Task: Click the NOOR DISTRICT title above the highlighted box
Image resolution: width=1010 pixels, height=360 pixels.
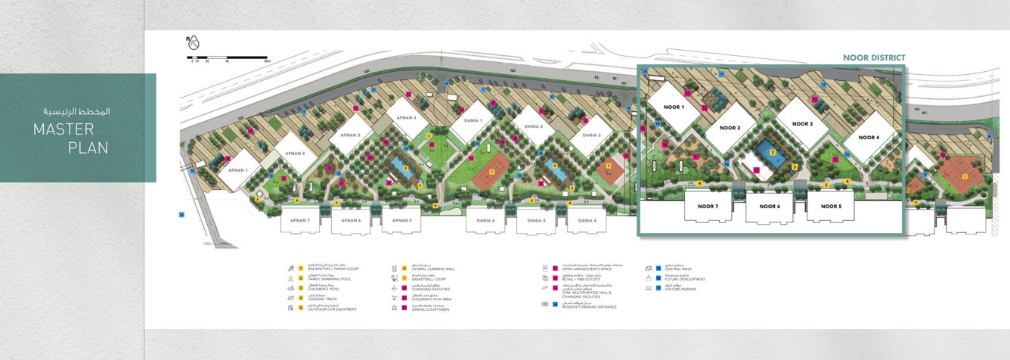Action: [874, 57]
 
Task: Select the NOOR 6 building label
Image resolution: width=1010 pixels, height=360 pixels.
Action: [770, 206]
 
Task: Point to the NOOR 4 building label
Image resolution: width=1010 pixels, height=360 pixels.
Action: [867, 138]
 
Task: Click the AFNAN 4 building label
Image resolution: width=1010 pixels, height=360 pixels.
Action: [406, 118]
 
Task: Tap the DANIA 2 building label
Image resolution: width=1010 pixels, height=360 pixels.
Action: [534, 126]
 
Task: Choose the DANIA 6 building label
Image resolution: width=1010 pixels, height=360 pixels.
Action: [485, 221]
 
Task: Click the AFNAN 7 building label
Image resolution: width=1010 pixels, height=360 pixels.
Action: [300, 221]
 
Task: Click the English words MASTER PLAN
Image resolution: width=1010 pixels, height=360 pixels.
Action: [70, 139]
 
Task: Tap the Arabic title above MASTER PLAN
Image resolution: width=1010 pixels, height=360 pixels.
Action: [76, 111]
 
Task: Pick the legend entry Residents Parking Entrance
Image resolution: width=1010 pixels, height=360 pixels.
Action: [590, 306]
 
